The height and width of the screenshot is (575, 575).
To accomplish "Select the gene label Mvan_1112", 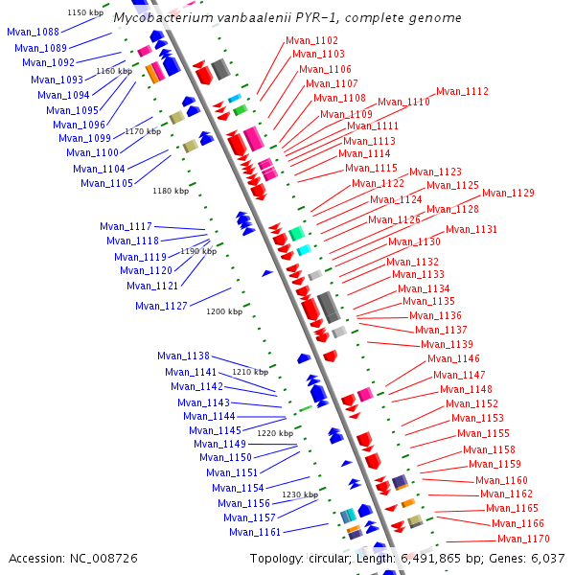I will coord(462,92).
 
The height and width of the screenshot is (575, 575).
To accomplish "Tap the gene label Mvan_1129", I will coord(508,194).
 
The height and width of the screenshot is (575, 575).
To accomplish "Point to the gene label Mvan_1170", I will coord(524,540).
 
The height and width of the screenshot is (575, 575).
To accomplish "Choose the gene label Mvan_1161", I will coord(256,532).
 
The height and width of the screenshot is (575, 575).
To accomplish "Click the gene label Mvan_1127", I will coord(161,307).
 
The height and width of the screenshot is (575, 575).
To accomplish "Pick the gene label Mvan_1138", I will coord(183,356).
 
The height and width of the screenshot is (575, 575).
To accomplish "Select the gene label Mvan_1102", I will coord(311,41).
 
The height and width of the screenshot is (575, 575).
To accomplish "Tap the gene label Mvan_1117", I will coord(126,227).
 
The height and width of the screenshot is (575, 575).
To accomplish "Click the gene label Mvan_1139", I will coord(447,345).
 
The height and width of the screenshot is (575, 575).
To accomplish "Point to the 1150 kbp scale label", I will coord(85,12).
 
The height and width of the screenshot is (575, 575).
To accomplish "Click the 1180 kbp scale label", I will coord(171,191).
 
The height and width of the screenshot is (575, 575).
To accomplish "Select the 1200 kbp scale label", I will coord(224,311).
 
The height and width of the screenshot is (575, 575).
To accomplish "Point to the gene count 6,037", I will coord(548,558).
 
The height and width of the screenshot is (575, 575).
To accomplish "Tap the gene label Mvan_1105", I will coord(106,183).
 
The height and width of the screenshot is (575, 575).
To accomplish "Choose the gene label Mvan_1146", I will coord(453,358).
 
